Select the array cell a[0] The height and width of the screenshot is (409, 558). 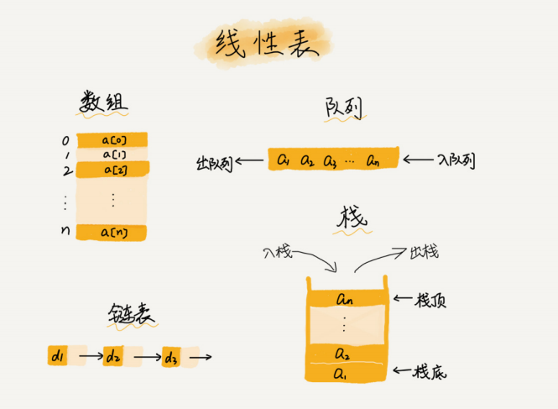tap(112, 140)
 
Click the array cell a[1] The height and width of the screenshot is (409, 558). tap(112, 155)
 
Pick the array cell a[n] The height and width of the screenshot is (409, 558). tap(112, 232)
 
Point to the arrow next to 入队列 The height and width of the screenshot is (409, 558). tap(417, 160)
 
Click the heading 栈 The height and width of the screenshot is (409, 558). tap(351, 219)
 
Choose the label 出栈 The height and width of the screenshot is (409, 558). tap(424, 251)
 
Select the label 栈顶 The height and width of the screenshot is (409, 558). tap(431, 299)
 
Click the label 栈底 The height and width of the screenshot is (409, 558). tap(431, 370)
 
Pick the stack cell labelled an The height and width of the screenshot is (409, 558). tap(347, 298)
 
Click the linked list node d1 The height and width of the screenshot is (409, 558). tap(57, 357)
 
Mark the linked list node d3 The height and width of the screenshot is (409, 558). tap(171, 358)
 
